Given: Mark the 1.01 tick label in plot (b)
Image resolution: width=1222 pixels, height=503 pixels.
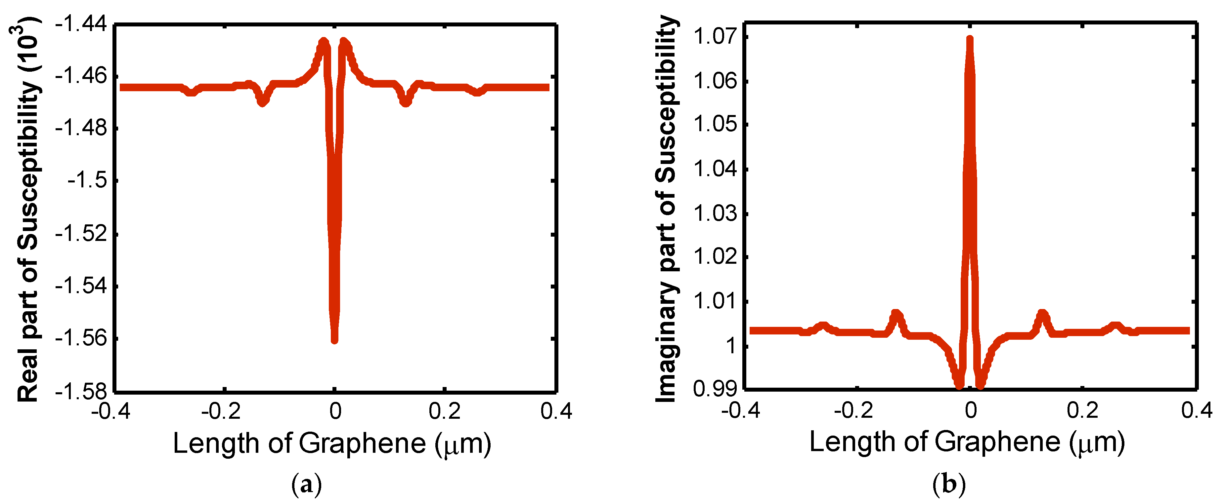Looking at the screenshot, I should (715, 300).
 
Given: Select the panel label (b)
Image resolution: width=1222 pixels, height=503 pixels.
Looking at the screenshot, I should (949, 484).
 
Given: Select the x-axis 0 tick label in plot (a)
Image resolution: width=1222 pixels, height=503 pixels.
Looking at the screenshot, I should (335, 411).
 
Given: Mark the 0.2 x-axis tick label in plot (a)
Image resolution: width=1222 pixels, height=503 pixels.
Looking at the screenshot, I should (445, 411).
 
